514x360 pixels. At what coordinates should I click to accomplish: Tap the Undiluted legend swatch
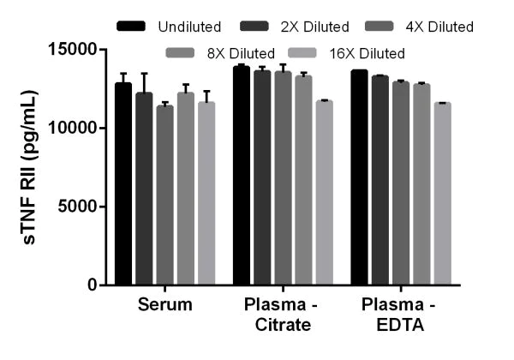point(133,27)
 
